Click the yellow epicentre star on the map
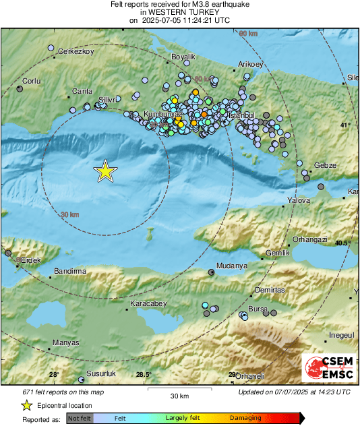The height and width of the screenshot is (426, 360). pyautogui.click(x=105, y=171)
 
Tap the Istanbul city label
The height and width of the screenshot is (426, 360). pyautogui.click(x=241, y=116)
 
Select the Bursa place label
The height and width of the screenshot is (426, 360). pyautogui.click(x=258, y=309)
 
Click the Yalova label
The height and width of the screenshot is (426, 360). pyautogui.click(x=298, y=200)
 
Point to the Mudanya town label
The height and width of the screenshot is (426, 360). pyautogui.click(x=232, y=266)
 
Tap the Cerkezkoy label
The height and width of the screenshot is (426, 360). pyautogui.click(x=74, y=52)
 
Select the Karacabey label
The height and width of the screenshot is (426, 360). pyautogui.click(x=148, y=304)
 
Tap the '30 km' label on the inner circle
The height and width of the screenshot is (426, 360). pyautogui.click(x=69, y=214)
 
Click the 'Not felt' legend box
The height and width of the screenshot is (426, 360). pyautogui.click(x=80, y=418)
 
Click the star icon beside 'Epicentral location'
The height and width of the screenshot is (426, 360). pyautogui.click(x=26, y=405)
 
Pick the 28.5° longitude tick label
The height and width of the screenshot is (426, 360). pyautogui.click(x=144, y=375)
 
